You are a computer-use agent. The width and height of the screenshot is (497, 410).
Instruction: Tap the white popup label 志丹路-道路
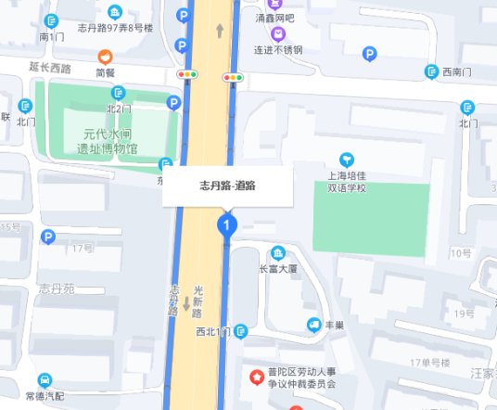tap(228, 185)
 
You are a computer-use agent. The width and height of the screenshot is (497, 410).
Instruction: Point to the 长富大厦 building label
tap(276, 269)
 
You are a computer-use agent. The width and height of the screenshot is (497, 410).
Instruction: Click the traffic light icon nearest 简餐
tap(188, 74)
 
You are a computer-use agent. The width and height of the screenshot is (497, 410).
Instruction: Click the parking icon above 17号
tap(48, 238)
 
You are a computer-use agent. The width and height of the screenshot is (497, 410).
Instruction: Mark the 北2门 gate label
tap(119, 109)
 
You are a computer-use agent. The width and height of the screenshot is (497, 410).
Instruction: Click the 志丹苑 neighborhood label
tap(55, 288)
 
